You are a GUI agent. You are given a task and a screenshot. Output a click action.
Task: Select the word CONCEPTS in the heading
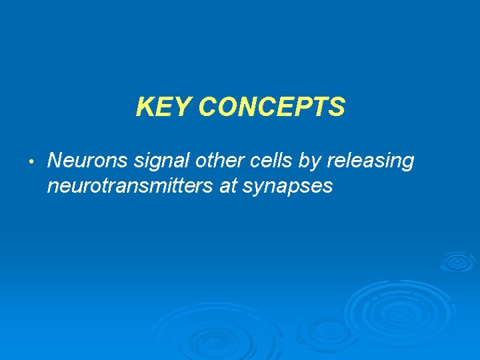click(x=271, y=107)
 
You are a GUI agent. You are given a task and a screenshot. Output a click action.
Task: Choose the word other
click(x=211, y=161)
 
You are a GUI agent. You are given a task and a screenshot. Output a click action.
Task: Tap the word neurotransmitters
click(x=130, y=187)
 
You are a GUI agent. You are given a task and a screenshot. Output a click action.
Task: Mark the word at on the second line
click(x=228, y=187)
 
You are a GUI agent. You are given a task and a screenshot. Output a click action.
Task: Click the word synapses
click(x=287, y=187)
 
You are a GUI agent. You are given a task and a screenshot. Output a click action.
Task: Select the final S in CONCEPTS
click(x=337, y=107)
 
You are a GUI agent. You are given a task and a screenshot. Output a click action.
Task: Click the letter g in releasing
click(x=407, y=164)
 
